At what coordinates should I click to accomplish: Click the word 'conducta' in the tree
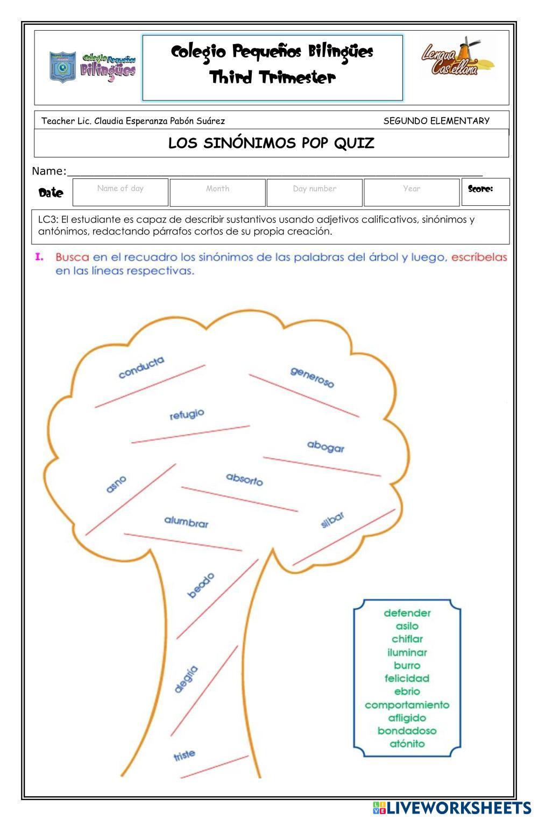(141, 368)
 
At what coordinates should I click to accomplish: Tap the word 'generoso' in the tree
(312, 377)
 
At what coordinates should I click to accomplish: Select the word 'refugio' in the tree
(187, 414)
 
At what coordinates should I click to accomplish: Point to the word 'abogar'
(325, 446)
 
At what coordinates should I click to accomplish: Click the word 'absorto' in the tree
(244, 479)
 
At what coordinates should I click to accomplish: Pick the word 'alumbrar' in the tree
(186, 522)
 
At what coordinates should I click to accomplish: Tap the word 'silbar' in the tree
(332, 520)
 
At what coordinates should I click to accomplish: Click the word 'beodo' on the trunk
(201, 585)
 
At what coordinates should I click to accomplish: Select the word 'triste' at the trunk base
(184, 755)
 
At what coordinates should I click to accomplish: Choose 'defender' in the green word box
(407, 613)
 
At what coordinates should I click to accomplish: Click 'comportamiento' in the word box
(407, 704)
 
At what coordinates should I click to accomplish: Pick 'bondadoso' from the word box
(407, 731)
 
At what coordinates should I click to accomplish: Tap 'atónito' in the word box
(407, 744)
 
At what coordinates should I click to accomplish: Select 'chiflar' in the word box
(407, 639)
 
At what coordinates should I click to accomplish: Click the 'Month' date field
(217, 192)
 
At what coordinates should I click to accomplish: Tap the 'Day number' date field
(314, 192)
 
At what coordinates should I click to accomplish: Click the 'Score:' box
(485, 192)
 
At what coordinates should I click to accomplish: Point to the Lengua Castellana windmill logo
(457, 58)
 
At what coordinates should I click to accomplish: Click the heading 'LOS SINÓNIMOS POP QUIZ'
(271, 143)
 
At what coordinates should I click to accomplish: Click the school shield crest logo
(62, 67)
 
